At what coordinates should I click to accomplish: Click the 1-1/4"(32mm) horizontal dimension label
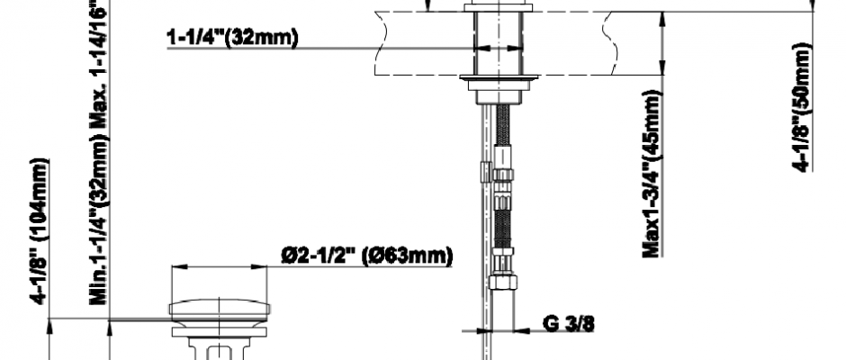pyautogui.click(x=232, y=39)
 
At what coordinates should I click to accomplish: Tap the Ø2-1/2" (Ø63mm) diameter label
pyautogui.click(x=367, y=256)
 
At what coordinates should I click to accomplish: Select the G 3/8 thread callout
pyautogui.click(x=568, y=323)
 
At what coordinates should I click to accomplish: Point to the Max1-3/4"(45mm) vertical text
pyautogui.click(x=652, y=174)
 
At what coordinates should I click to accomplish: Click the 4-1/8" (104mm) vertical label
pyautogui.click(x=40, y=231)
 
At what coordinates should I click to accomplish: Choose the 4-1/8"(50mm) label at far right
pyautogui.click(x=802, y=107)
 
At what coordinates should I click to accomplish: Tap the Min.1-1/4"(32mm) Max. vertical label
pyautogui.click(x=100, y=152)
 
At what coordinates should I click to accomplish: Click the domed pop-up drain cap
pyautogui.click(x=220, y=308)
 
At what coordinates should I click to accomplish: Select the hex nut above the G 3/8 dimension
pyautogui.click(x=502, y=282)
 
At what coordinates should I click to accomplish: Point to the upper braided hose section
pyautogui.click(x=502, y=125)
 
